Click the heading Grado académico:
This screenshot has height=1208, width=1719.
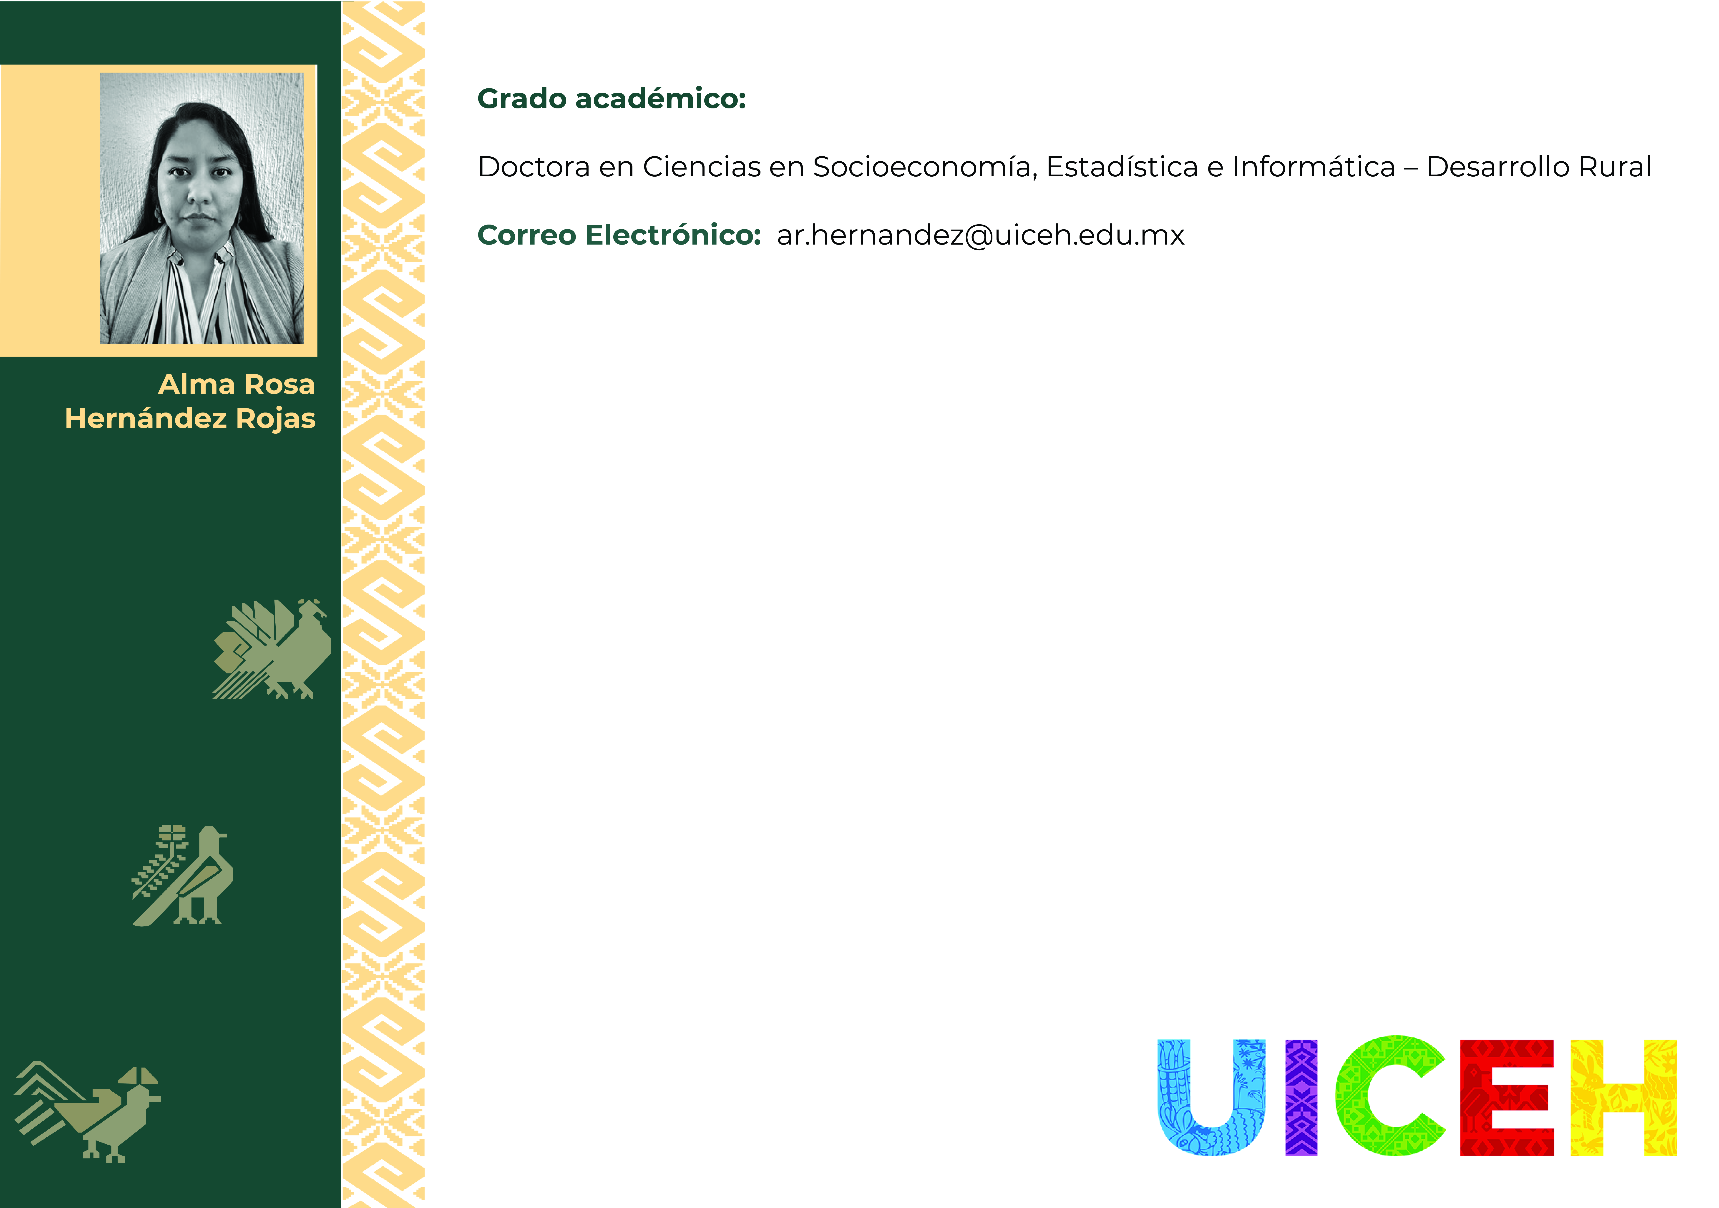click(612, 99)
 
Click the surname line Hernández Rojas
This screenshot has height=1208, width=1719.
click(190, 418)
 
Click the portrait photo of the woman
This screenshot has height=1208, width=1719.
click(202, 208)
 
